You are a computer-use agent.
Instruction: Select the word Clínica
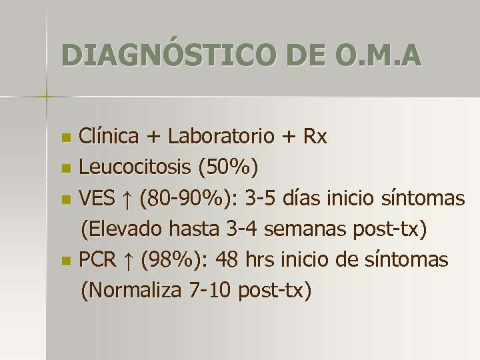(x=109, y=137)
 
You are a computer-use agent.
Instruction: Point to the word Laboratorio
(x=221, y=137)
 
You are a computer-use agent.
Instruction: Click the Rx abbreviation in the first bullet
(x=315, y=137)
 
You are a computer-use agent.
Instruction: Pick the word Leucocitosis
(x=136, y=168)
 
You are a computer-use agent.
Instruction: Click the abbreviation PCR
(x=98, y=259)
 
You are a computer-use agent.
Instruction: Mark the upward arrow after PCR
(x=129, y=260)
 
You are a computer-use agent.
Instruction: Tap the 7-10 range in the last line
(x=210, y=291)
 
